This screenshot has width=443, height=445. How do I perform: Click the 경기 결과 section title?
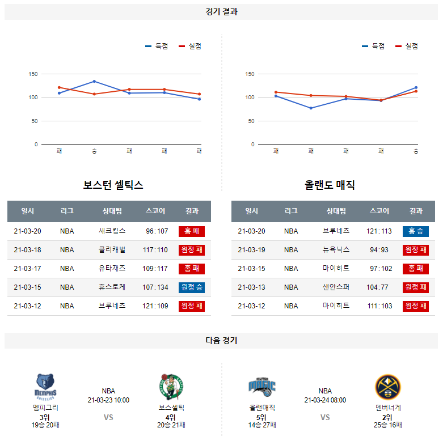coord(221,11)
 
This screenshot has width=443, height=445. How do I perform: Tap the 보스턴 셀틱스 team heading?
coord(113,185)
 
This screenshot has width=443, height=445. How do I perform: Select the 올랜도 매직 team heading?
coord(330,185)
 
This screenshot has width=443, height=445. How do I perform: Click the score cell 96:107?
coord(157,231)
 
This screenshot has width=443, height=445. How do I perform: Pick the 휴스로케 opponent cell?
coord(112,287)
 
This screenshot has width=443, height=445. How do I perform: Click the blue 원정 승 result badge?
coord(192,287)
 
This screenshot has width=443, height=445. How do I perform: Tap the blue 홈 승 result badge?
coord(416,231)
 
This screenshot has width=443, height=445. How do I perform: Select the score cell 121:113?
coord(379,231)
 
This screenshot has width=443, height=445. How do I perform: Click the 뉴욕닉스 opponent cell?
coord(336,250)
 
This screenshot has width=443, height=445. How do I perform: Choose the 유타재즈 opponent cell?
coord(112,269)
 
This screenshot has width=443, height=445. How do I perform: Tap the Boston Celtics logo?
coord(171,387)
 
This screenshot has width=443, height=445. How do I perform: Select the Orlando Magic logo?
coord(261,387)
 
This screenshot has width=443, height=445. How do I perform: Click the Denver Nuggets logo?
coord(388,387)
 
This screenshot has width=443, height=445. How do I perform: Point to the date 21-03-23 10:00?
coord(108,400)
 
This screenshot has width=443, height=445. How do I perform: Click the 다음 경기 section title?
coord(221,341)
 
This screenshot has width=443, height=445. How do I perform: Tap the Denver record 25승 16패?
coord(388,425)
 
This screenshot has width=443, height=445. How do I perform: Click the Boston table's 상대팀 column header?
coord(112,211)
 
